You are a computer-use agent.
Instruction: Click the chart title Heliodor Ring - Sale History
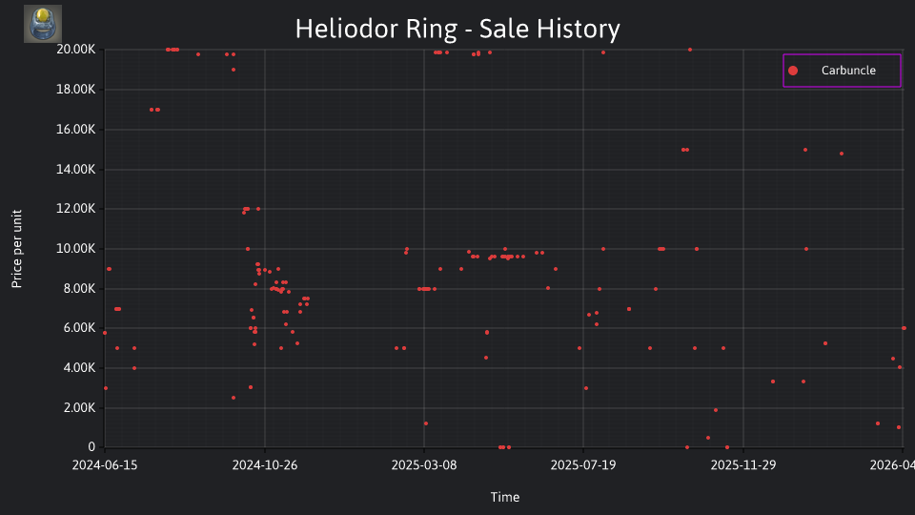click(457, 29)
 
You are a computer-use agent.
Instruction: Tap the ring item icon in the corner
click(43, 24)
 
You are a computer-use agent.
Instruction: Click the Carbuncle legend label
click(848, 70)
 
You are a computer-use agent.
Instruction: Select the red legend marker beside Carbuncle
click(793, 71)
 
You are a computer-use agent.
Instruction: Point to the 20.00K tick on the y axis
click(76, 50)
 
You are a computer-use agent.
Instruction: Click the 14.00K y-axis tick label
click(76, 170)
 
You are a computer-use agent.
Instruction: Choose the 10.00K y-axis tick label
click(76, 249)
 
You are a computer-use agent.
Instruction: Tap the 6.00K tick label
click(79, 328)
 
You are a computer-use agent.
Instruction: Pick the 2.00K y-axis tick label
click(79, 407)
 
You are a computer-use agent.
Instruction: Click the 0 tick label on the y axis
click(91, 447)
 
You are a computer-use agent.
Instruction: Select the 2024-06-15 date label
click(105, 465)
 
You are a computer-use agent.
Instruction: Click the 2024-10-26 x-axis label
click(265, 465)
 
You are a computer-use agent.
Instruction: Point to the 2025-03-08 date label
click(424, 465)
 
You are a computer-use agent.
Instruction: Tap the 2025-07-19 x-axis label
click(583, 465)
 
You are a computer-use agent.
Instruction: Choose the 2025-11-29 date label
click(743, 465)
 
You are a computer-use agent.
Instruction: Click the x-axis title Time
click(505, 497)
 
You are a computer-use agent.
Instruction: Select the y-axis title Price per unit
click(17, 249)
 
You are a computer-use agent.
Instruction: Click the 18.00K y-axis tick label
click(76, 90)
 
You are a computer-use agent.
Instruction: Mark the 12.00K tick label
click(76, 209)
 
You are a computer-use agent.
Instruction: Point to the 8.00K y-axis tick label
click(79, 288)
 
